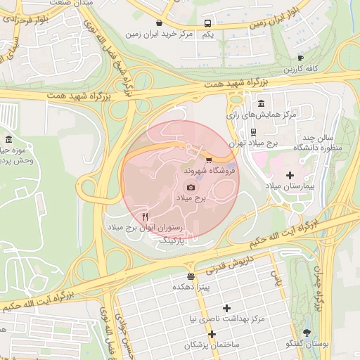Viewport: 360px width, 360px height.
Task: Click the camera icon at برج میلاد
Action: tap(191, 187)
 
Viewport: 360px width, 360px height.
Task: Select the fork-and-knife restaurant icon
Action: tap(145, 216)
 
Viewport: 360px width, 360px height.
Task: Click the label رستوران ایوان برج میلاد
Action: tap(145, 229)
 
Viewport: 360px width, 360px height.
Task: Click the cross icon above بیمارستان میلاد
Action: tap(290, 174)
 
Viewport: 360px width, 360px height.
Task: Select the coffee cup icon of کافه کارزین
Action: tap(300, 58)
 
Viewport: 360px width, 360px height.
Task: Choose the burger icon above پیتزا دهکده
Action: tap(191, 276)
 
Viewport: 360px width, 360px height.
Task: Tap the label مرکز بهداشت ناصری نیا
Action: tap(226, 319)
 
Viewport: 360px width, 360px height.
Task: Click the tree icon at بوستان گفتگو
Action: tap(307, 332)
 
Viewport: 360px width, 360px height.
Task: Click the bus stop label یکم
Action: tap(207, 34)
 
